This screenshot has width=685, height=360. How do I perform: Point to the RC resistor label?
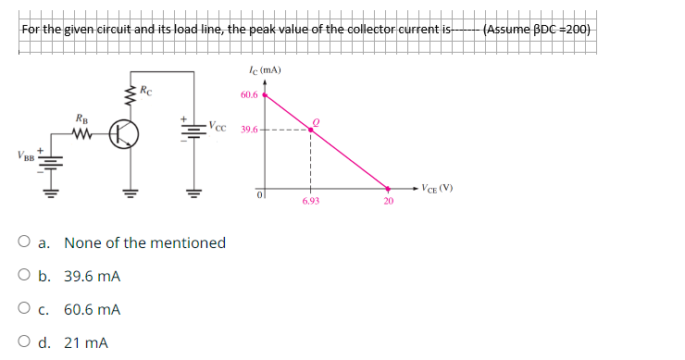(147, 91)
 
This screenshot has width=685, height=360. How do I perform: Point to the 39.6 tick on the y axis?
(249, 130)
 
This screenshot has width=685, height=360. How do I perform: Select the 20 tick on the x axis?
(389, 199)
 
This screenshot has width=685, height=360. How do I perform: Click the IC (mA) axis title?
(265, 70)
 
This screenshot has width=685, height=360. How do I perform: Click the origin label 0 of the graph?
(261, 194)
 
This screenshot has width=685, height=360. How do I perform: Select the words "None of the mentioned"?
(144, 243)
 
